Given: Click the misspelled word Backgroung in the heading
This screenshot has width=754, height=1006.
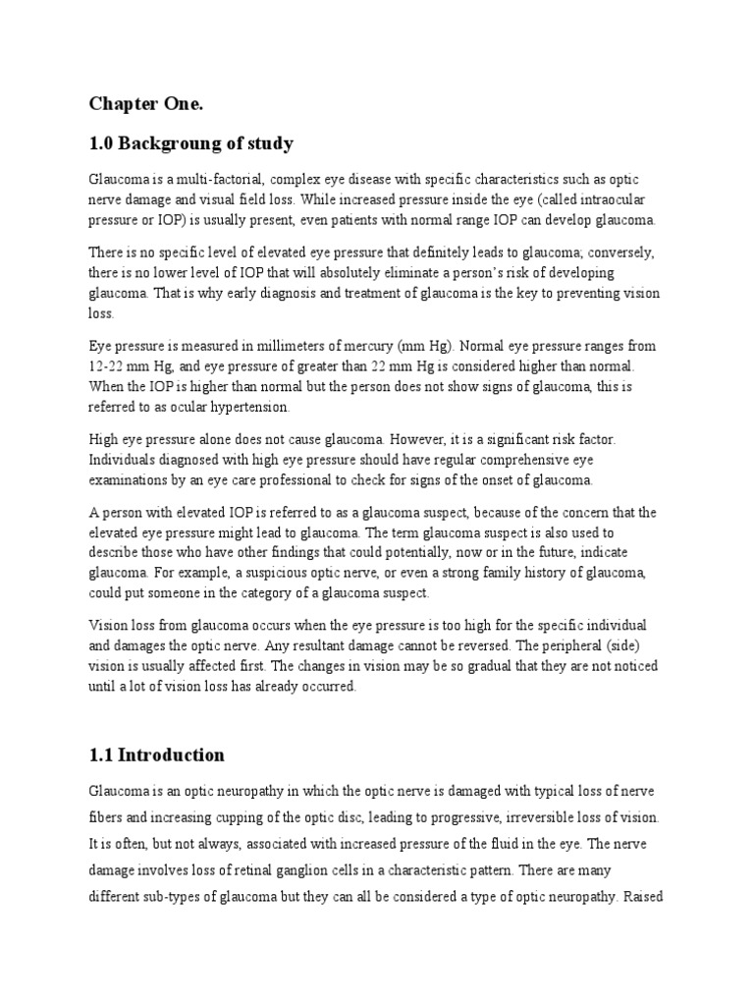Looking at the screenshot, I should click(175, 143).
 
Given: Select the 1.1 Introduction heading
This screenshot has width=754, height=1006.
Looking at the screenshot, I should click(157, 754).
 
